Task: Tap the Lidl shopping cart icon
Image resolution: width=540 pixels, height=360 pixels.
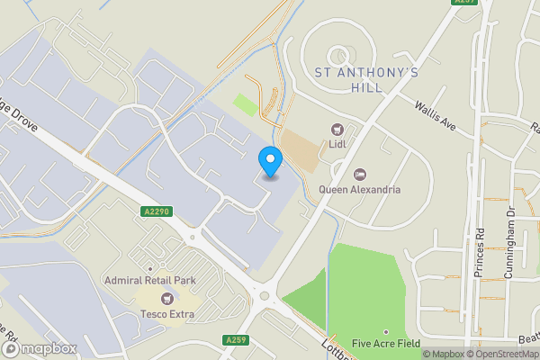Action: pos(338,130)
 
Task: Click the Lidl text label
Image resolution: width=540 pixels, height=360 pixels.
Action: pos(338,146)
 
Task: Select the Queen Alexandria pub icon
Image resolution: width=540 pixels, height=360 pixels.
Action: pos(360,174)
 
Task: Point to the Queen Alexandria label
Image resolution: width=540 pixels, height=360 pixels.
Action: pos(360,190)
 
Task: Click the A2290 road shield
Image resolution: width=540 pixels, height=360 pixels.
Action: pos(156,211)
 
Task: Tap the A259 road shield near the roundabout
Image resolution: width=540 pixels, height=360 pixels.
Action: pos(236,339)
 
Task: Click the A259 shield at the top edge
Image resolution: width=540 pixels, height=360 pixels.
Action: pos(463,4)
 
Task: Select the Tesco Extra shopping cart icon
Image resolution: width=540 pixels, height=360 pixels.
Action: pos(166,298)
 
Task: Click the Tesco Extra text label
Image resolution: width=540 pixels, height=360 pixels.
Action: pos(166,314)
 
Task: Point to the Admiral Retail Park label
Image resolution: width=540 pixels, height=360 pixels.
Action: pos(149,281)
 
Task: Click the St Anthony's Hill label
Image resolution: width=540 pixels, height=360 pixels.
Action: pos(365,79)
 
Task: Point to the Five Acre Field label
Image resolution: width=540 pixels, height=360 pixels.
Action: pos(386,343)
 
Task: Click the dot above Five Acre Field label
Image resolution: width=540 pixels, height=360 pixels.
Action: pos(386,331)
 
